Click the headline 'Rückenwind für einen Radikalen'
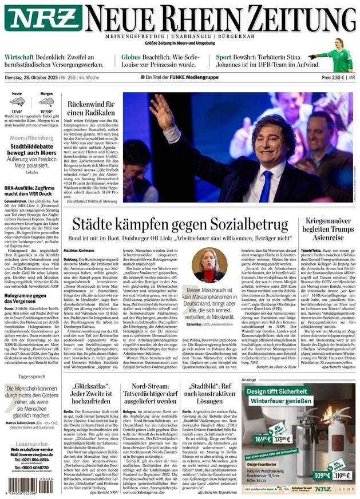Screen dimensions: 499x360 (91, 109)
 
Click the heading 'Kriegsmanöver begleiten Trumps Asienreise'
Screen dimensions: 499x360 (328, 228)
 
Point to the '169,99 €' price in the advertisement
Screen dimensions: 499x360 (263, 439)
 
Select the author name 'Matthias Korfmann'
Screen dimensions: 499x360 (80, 251)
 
